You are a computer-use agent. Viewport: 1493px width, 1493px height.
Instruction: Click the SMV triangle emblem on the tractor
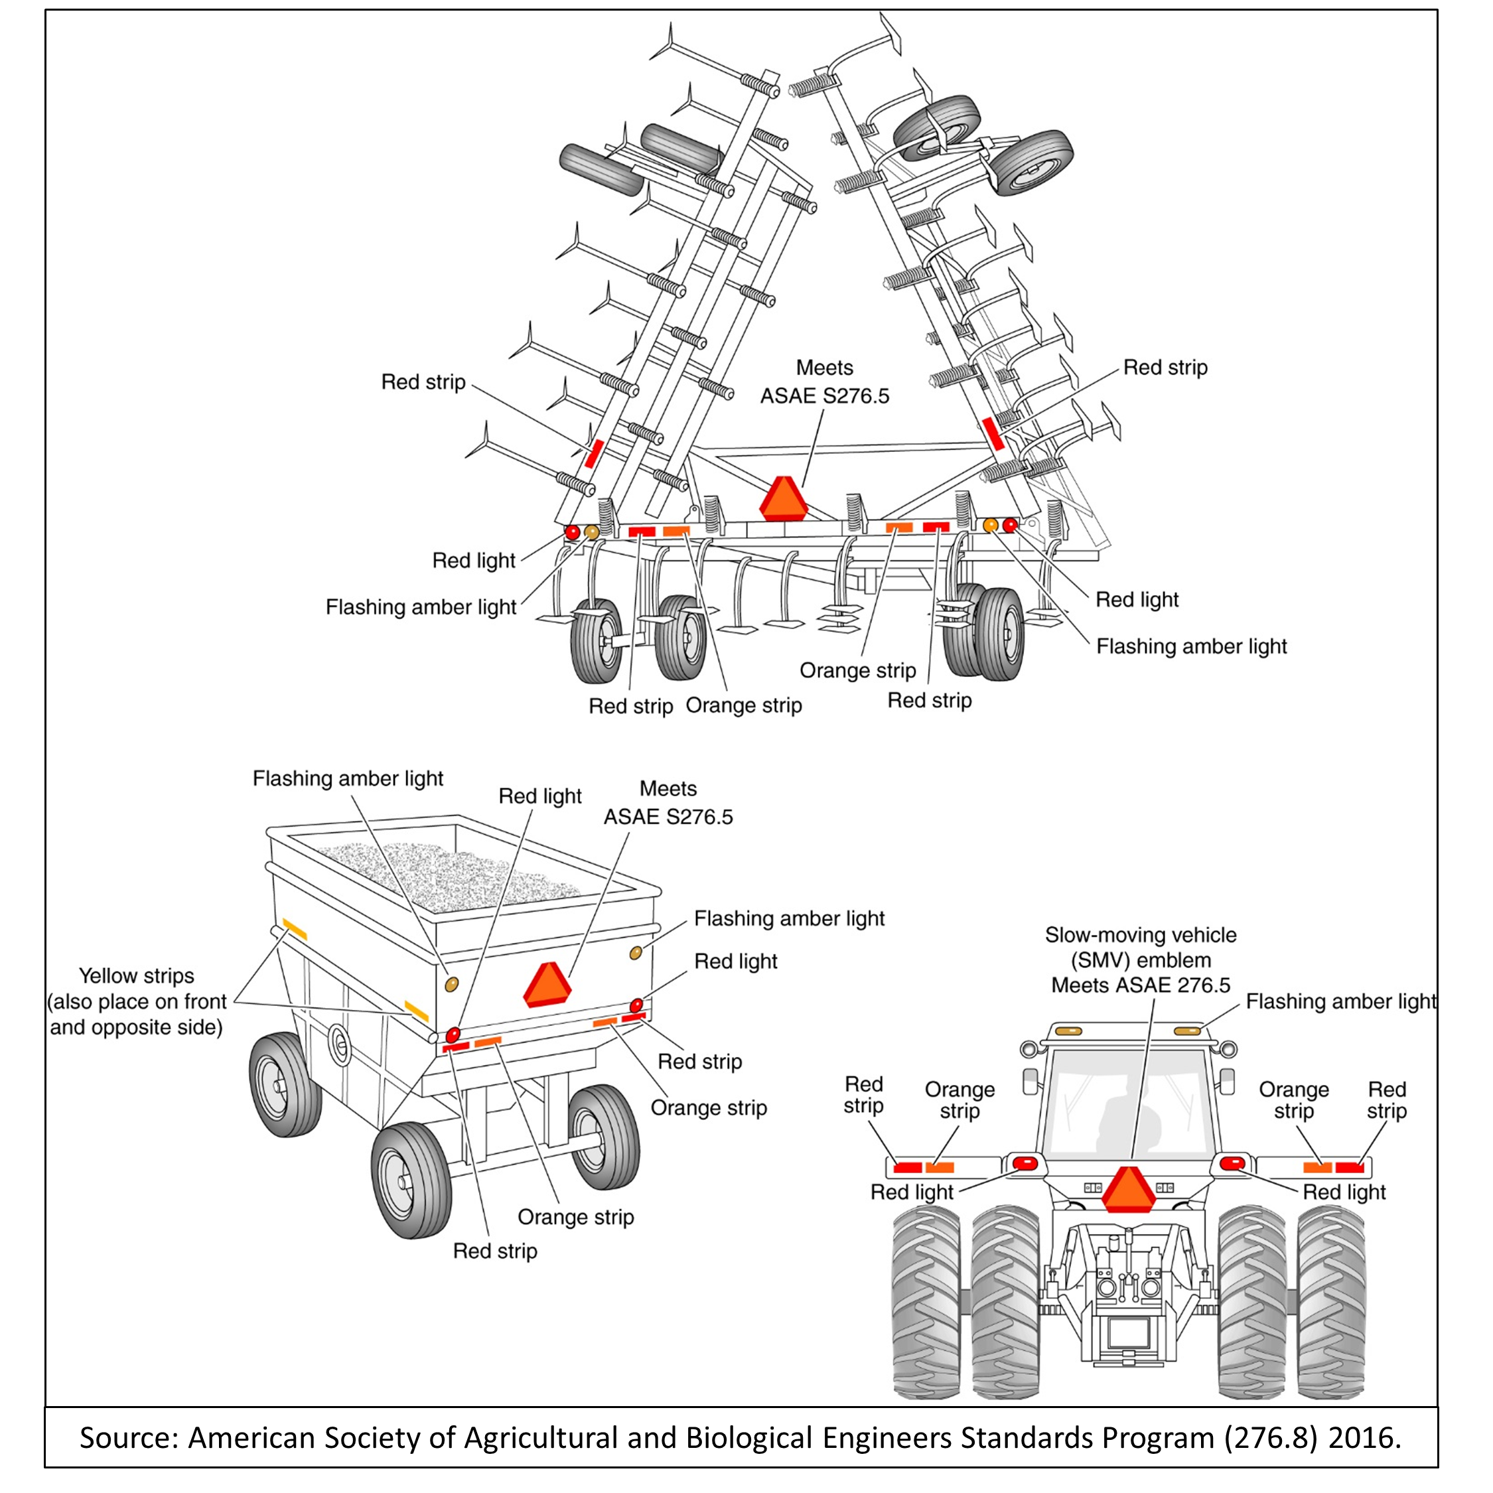[x=1129, y=1192]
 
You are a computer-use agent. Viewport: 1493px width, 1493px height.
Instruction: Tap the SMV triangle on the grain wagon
[x=548, y=985]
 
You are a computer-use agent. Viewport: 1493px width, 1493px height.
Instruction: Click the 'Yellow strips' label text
[x=137, y=976]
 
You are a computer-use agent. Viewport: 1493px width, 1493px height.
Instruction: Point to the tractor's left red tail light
[x=1025, y=1163]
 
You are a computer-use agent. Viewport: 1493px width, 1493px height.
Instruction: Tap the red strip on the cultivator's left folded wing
[x=593, y=454]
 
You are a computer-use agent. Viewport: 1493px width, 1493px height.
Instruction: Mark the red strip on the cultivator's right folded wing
[x=993, y=433]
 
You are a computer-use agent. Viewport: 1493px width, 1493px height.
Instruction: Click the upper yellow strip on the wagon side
[x=295, y=929]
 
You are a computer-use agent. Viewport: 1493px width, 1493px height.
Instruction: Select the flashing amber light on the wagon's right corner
[x=635, y=953]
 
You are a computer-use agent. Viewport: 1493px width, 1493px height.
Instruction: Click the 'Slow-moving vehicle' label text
[x=1141, y=935]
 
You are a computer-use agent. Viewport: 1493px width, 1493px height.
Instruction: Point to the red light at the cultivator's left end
[x=572, y=532]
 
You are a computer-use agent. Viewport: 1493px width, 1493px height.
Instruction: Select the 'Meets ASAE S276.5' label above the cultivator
[x=825, y=382]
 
